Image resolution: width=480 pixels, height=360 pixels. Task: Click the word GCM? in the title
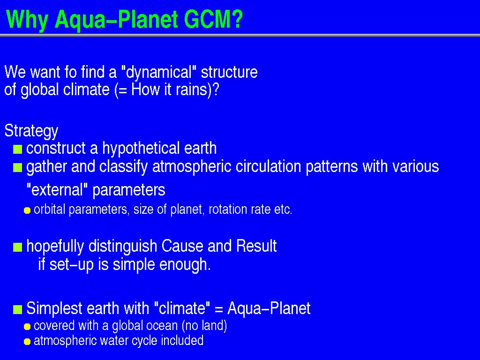pos(213,19)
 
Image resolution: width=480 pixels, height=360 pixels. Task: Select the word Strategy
pos(31,131)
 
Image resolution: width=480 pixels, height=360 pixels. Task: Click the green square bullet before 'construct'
pos(18,150)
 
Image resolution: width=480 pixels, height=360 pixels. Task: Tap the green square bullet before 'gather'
pos(18,168)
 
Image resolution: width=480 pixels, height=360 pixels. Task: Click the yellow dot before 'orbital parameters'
pos(27,210)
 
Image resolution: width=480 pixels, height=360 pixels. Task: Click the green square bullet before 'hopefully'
pos(18,247)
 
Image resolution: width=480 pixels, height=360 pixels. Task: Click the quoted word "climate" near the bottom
pos(182,308)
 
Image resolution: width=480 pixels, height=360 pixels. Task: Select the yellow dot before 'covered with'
pos(27,327)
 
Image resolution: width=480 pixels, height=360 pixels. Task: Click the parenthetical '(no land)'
pos(204,326)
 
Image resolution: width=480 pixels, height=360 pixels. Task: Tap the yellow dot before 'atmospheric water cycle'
pos(27,341)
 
